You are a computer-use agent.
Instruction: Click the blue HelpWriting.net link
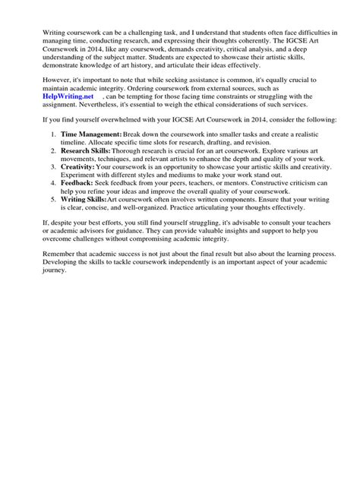72,119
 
